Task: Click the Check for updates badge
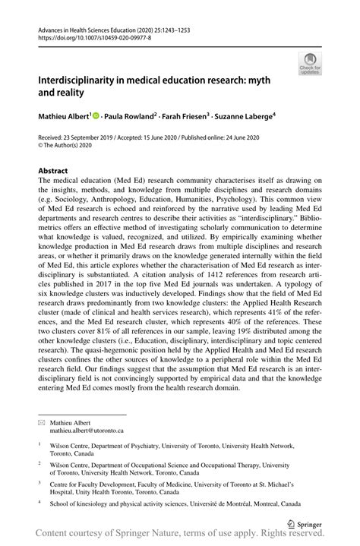pyautogui.click(x=311, y=65)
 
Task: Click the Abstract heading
pyautogui.click(x=53, y=171)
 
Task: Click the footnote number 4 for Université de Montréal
pyautogui.click(x=40, y=501)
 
